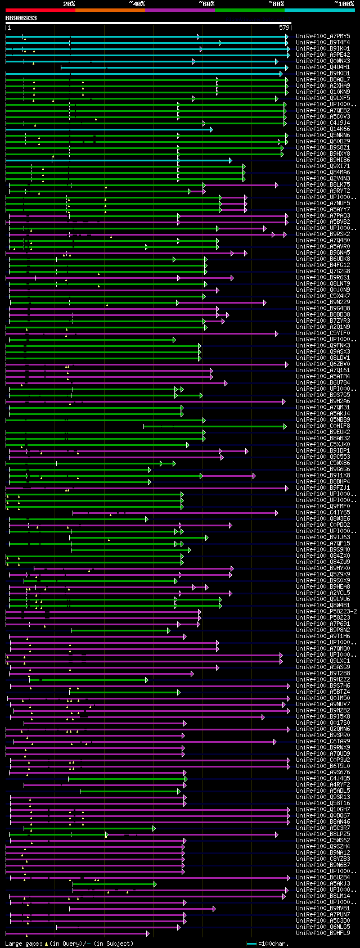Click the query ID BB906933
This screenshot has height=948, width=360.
[21, 19]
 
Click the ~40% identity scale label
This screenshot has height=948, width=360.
[137, 4]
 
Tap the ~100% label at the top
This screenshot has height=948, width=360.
[344, 4]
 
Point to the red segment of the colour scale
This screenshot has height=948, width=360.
[40, 10]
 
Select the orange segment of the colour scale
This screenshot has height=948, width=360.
[110, 10]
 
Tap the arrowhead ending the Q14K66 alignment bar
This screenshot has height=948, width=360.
[211, 129]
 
